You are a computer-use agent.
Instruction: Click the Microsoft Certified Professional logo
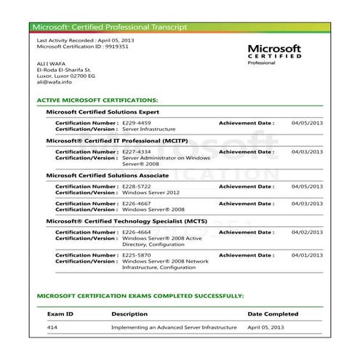click(x=275, y=53)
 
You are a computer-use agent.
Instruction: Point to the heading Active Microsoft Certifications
click(x=97, y=100)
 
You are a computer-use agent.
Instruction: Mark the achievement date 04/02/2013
click(x=307, y=232)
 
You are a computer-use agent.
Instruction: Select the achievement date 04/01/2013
click(x=307, y=255)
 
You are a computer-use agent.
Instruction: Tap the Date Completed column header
click(x=273, y=314)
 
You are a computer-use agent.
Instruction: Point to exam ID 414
click(x=52, y=328)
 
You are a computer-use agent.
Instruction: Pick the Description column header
click(x=129, y=314)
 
